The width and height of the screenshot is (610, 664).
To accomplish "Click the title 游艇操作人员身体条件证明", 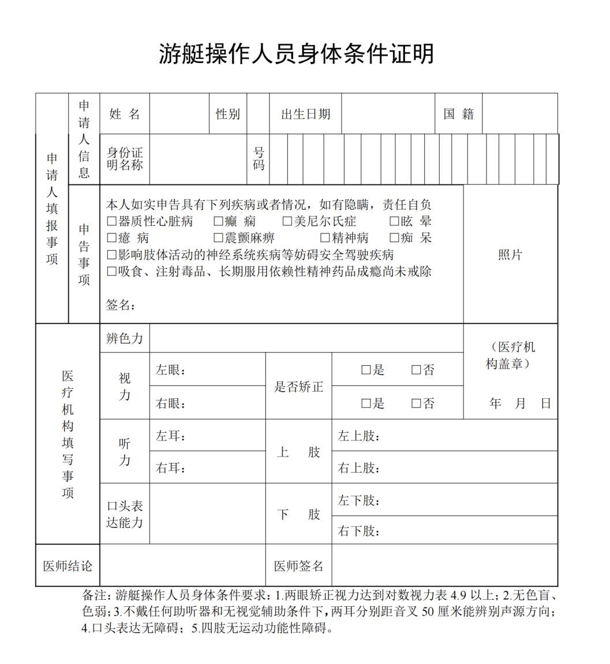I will (x=296, y=54).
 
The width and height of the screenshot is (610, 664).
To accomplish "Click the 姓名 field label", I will (x=125, y=114).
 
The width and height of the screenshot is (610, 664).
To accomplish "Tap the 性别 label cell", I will (x=227, y=114).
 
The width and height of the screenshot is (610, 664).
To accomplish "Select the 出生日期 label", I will (x=305, y=114).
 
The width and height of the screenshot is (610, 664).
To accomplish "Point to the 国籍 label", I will (x=458, y=114).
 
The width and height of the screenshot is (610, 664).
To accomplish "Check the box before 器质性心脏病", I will (x=112, y=221).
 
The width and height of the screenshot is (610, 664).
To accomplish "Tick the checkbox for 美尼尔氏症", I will (x=287, y=221).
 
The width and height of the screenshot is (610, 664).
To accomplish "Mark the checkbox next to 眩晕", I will (x=394, y=221).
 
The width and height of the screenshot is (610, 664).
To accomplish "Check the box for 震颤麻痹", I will (x=218, y=238).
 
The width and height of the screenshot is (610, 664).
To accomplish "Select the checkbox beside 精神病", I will (x=325, y=238).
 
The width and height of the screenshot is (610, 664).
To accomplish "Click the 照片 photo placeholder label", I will (x=510, y=255).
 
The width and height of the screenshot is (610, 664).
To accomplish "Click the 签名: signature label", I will (x=120, y=305).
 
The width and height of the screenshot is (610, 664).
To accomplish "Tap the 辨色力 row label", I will (x=124, y=339).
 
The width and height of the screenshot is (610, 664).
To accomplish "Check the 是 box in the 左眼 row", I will (x=366, y=370).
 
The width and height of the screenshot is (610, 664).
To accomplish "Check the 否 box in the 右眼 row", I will (x=416, y=404).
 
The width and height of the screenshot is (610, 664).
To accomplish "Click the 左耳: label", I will (x=171, y=436).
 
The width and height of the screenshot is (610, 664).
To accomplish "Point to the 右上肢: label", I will (x=358, y=468).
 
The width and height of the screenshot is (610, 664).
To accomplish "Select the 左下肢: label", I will (x=358, y=500).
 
